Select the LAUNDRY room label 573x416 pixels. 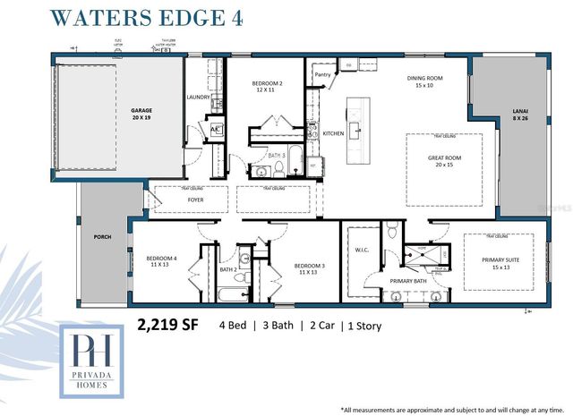point(198,98)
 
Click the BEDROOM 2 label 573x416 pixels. point(267,87)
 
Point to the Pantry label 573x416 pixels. point(323,76)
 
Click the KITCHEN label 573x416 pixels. point(333,133)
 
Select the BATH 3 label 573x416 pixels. point(277,156)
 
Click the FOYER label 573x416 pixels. point(195,200)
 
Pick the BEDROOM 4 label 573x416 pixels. point(163,262)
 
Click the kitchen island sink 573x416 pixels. point(355,128)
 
